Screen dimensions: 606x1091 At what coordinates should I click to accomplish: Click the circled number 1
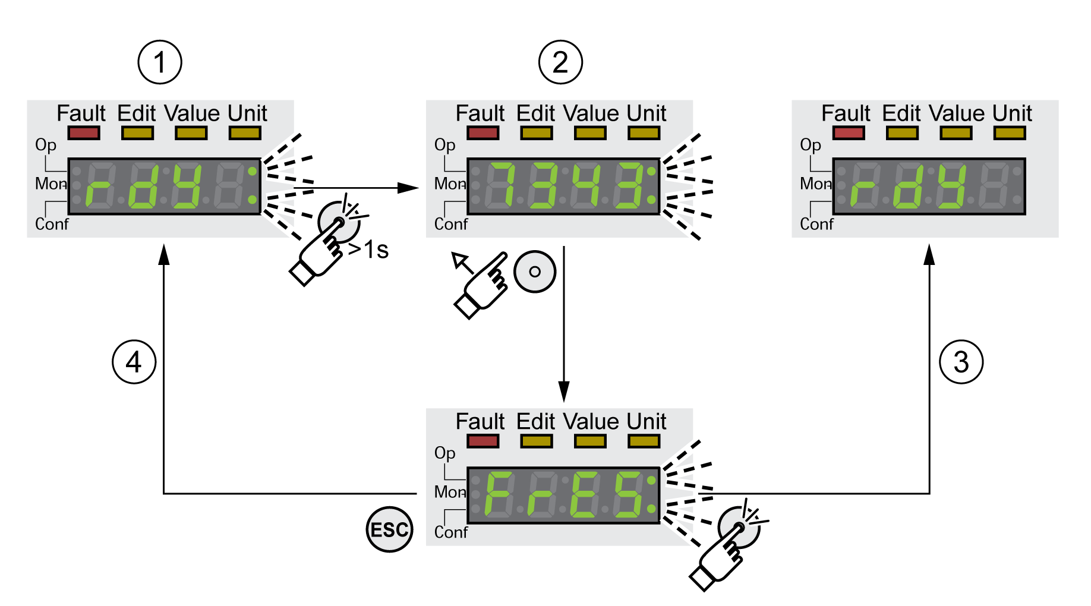[160, 62]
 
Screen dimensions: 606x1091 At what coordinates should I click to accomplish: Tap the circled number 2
[560, 62]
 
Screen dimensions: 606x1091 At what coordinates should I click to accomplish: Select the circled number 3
[961, 362]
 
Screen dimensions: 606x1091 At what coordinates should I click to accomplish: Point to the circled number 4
[134, 362]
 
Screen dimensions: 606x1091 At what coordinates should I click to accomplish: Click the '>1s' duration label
[369, 250]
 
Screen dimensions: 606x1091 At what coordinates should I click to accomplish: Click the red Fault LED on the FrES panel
[483, 441]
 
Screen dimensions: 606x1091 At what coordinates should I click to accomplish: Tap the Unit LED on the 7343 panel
[644, 133]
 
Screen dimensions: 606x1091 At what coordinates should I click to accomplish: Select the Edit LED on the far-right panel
[902, 133]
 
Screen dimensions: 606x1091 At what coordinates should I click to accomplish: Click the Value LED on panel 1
[191, 133]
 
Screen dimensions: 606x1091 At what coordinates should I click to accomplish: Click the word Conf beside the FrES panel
[451, 532]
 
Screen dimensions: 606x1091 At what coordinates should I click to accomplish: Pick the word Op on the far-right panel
[811, 146]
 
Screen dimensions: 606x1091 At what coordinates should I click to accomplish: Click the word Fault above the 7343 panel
[480, 113]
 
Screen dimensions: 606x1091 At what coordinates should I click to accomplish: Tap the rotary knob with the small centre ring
[535, 272]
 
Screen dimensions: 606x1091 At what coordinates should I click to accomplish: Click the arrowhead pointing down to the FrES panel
[564, 392]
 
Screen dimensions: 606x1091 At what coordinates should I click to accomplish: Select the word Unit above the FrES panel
[647, 422]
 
